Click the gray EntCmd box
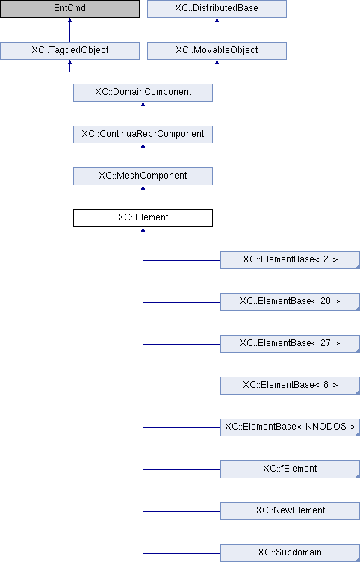point(69,9)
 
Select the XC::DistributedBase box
point(217,9)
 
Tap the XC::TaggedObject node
point(69,51)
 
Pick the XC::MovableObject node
point(217,51)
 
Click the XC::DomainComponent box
point(143,93)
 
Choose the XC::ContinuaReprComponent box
point(143,135)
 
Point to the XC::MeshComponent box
point(143,176)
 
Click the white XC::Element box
point(143,218)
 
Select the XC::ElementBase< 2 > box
point(290,260)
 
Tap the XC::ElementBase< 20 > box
point(290,302)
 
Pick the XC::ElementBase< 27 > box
point(290,344)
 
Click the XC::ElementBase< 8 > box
point(290,386)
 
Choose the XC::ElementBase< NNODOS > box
point(290,427)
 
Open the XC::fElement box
point(290,469)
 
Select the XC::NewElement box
point(290,511)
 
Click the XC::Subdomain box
point(290,553)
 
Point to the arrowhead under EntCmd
point(69,20)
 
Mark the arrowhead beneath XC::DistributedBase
point(217,20)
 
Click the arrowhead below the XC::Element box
point(143,229)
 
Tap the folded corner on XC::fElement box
point(358,476)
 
